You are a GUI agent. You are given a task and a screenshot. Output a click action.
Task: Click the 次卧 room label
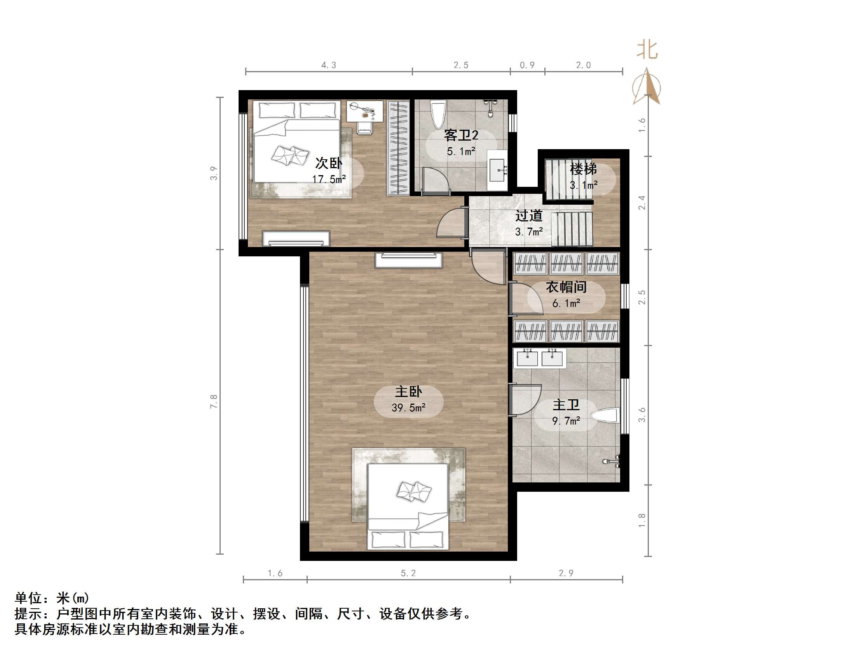point(329,163)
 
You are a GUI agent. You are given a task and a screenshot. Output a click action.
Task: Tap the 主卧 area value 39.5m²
point(408,408)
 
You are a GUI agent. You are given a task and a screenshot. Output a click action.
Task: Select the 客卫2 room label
point(461,136)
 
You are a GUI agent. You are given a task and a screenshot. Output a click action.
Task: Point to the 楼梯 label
point(583,169)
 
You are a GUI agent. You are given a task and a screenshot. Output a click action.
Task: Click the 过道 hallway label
point(528,216)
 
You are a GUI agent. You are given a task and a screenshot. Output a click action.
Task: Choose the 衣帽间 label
point(566,287)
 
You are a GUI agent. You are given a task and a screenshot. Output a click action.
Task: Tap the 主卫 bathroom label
point(566,405)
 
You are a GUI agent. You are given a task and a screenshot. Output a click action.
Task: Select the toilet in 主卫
point(606,416)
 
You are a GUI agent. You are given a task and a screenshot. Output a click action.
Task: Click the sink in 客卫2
point(497,170)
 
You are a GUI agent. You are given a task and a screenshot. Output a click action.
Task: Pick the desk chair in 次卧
point(364,127)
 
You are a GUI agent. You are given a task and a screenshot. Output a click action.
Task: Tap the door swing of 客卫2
point(435,181)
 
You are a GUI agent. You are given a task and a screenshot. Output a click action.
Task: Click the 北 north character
point(647,50)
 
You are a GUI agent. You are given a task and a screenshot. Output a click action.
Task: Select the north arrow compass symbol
point(647,87)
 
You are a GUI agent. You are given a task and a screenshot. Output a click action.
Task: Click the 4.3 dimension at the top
point(329,65)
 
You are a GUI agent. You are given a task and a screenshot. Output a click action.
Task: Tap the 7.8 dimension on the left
point(214,401)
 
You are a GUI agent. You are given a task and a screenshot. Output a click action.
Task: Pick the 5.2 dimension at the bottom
point(408,573)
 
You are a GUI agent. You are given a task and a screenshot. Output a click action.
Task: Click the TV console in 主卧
point(408,260)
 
